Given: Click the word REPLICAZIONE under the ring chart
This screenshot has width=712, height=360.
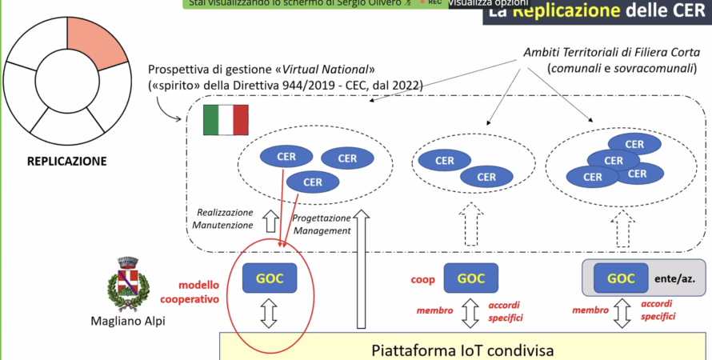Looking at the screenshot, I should tap(66, 161).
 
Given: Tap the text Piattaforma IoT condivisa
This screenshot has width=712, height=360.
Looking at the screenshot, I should tap(462, 350).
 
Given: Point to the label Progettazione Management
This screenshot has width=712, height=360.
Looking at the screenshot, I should tap(322, 224).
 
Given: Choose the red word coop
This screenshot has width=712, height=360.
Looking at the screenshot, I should tap(422, 280).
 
